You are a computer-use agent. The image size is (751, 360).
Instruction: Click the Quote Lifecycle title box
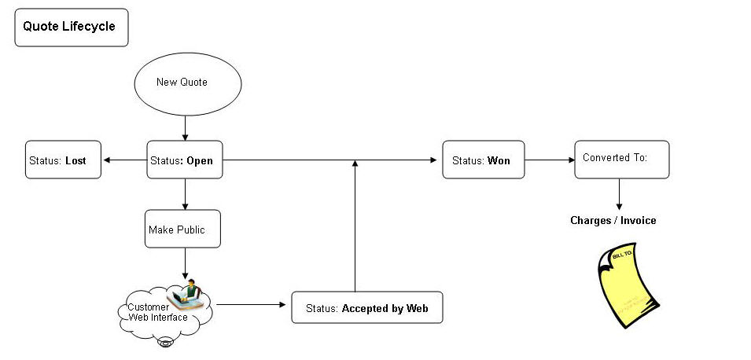(71, 28)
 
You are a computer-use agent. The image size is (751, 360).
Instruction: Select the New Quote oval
(187, 83)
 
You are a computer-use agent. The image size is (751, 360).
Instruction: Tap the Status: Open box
(184, 160)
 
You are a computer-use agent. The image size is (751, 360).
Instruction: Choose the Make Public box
(182, 230)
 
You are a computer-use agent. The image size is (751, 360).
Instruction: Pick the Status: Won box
(483, 160)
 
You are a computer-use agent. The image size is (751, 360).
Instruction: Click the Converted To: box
(621, 160)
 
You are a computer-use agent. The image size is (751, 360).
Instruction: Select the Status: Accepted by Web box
(366, 308)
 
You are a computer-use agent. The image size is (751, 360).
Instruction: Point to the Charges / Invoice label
(613, 221)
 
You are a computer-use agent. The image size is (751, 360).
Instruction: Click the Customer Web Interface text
(157, 312)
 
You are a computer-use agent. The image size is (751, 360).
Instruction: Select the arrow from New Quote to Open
(185, 127)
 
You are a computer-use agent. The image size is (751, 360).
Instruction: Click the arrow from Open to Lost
(124, 160)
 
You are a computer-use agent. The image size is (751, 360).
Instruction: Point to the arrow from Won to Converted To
(549, 160)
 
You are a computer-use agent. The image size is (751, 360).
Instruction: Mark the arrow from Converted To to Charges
(620, 193)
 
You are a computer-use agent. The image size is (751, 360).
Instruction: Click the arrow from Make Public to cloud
(185, 264)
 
